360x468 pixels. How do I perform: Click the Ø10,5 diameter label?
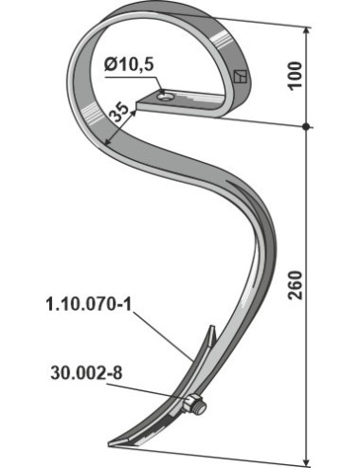(x=129, y=65)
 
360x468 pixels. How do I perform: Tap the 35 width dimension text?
(x=119, y=112)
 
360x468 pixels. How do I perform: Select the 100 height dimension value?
(x=296, y=76)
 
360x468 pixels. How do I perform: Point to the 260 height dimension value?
(x=296, y=285)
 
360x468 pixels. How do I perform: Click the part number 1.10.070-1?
(x=89, y=305)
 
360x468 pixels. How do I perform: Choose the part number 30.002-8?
(x=86, y=373)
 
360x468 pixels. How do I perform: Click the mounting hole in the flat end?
(x=167, y=96)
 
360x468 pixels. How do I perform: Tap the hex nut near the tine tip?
(x=191, y=404)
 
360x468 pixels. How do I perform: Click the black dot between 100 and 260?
(x=305, y=127)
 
